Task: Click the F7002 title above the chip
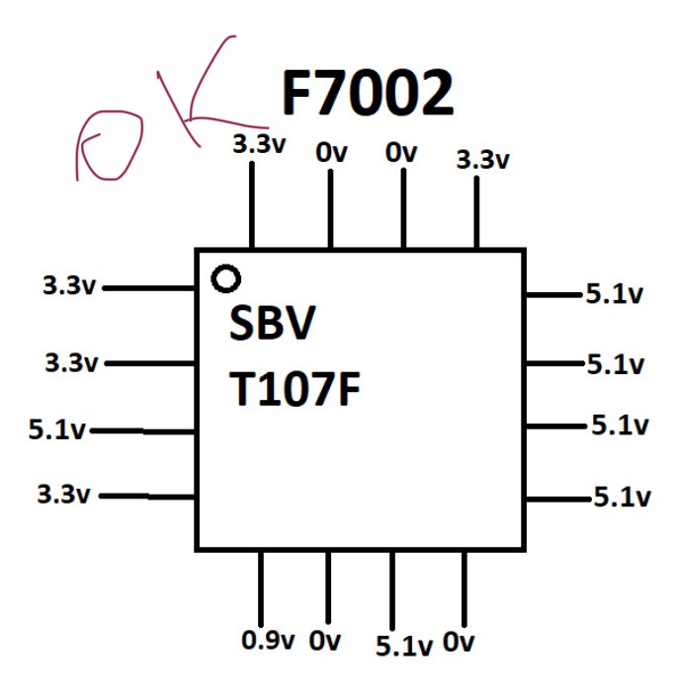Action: click(368, 93)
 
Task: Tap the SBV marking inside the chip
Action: click(272, 323)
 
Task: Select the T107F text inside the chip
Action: click(295, 389)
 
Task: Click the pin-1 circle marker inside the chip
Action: click(226, 278)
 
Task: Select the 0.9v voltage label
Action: click(268, 640)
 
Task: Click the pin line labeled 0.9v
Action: click(261, 588)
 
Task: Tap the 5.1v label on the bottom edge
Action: click(404, 646)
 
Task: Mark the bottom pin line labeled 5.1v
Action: click(392, 590)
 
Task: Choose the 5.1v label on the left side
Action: click(56, 429)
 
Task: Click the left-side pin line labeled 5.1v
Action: click(142, 430)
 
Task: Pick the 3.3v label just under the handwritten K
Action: click(259, 144)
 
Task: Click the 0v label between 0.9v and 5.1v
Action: click(325, 641)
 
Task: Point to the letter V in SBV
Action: click(300, 323)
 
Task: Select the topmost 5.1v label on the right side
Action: click(615, 294)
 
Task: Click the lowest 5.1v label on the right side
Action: click(622, 497)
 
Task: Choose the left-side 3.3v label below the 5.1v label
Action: click(63, 495)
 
